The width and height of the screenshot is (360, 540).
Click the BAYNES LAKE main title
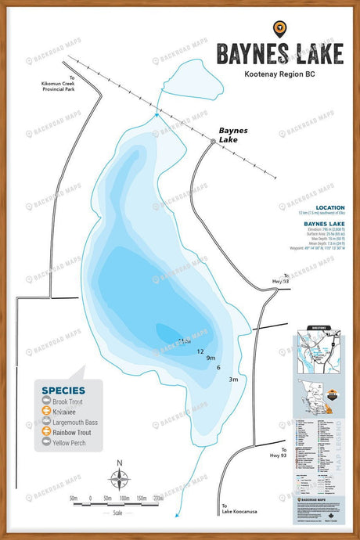click(x=279, y=53)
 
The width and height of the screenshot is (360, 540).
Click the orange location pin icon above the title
click(x=279, y=29)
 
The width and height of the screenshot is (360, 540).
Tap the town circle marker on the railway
click(x=213, y=141)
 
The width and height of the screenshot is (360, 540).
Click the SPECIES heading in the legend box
click(x=58, y=389)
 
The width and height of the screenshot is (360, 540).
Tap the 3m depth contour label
click(x=233, y=379)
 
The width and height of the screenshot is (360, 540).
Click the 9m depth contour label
click(x=211, y=358)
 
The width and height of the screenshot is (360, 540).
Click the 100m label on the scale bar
click(x=124, y=498)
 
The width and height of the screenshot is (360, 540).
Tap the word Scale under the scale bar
click(x=117, y=513)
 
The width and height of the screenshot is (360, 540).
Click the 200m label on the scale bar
click(x=159, y=498)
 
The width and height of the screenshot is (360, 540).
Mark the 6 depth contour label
click(x=218, y=368)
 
